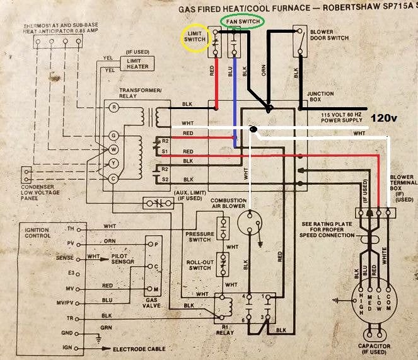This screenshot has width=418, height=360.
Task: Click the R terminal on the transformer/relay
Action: coord(113,108)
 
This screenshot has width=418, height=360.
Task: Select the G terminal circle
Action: coord(113,135)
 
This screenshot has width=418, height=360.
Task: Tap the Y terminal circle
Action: coord(113,163)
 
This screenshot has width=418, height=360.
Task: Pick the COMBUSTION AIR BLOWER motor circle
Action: coord(250,225)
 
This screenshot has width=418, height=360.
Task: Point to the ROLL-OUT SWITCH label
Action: coord(199,264)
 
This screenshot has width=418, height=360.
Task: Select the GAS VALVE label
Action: coord(151,303)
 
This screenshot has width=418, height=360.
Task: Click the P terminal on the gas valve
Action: coord(149,243)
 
